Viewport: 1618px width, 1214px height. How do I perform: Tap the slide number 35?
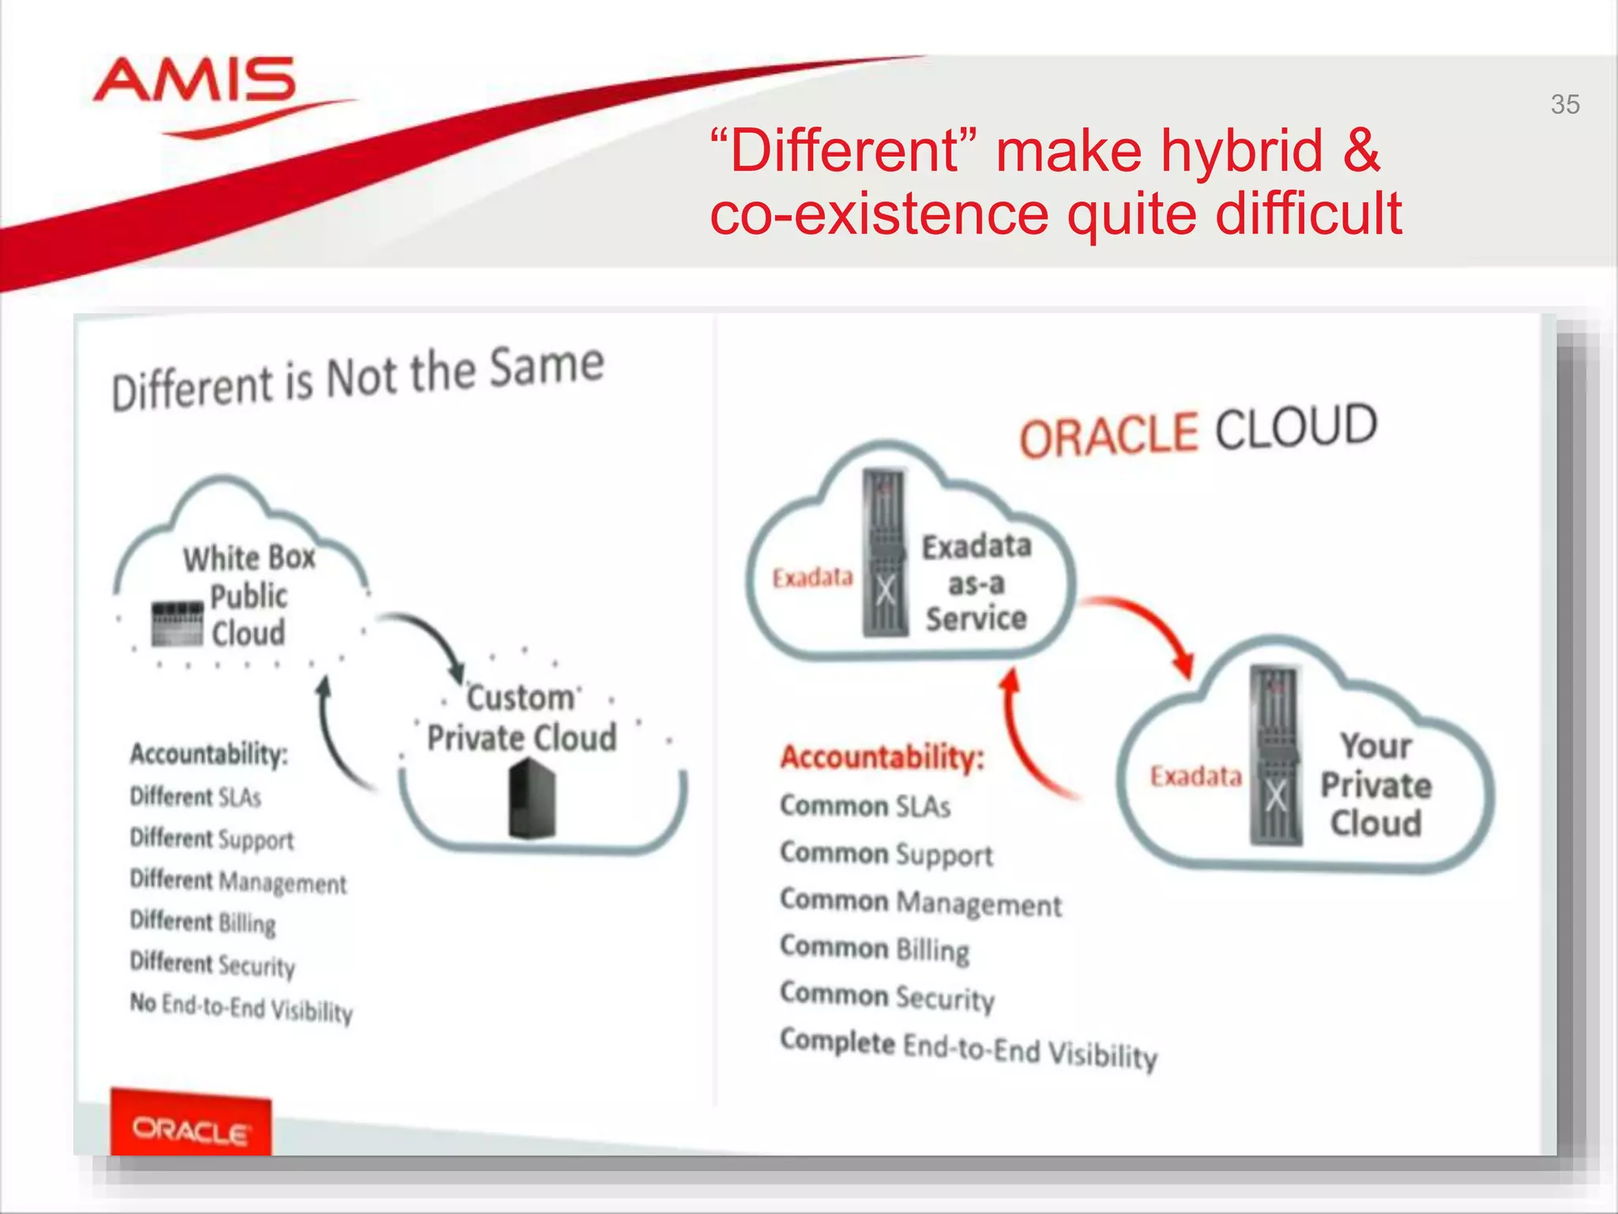pos(1564,104)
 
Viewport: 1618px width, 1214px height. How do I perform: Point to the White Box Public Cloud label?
pos(249,595)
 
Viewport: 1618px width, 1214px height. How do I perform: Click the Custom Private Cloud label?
pos(521,718)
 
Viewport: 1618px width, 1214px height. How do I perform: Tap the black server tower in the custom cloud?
pos(532,798)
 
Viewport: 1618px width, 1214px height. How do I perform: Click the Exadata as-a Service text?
pos(976,582)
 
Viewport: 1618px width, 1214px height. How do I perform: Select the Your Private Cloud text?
pos(1375,784)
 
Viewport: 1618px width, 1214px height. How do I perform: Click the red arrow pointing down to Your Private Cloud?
pos(1146,628)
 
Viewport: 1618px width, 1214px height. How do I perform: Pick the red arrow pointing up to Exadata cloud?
pos(1027,735)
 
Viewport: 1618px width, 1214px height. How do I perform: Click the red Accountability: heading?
pos(882,757)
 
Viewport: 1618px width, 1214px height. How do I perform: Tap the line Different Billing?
pos(203,922)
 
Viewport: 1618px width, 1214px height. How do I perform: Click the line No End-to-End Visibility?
pos(241,1007)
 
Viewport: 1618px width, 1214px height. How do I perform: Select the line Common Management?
pos(920,903)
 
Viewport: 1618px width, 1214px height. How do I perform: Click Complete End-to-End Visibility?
pos(968,1048)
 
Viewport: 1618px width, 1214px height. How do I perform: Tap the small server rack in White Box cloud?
pos(177,624)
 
